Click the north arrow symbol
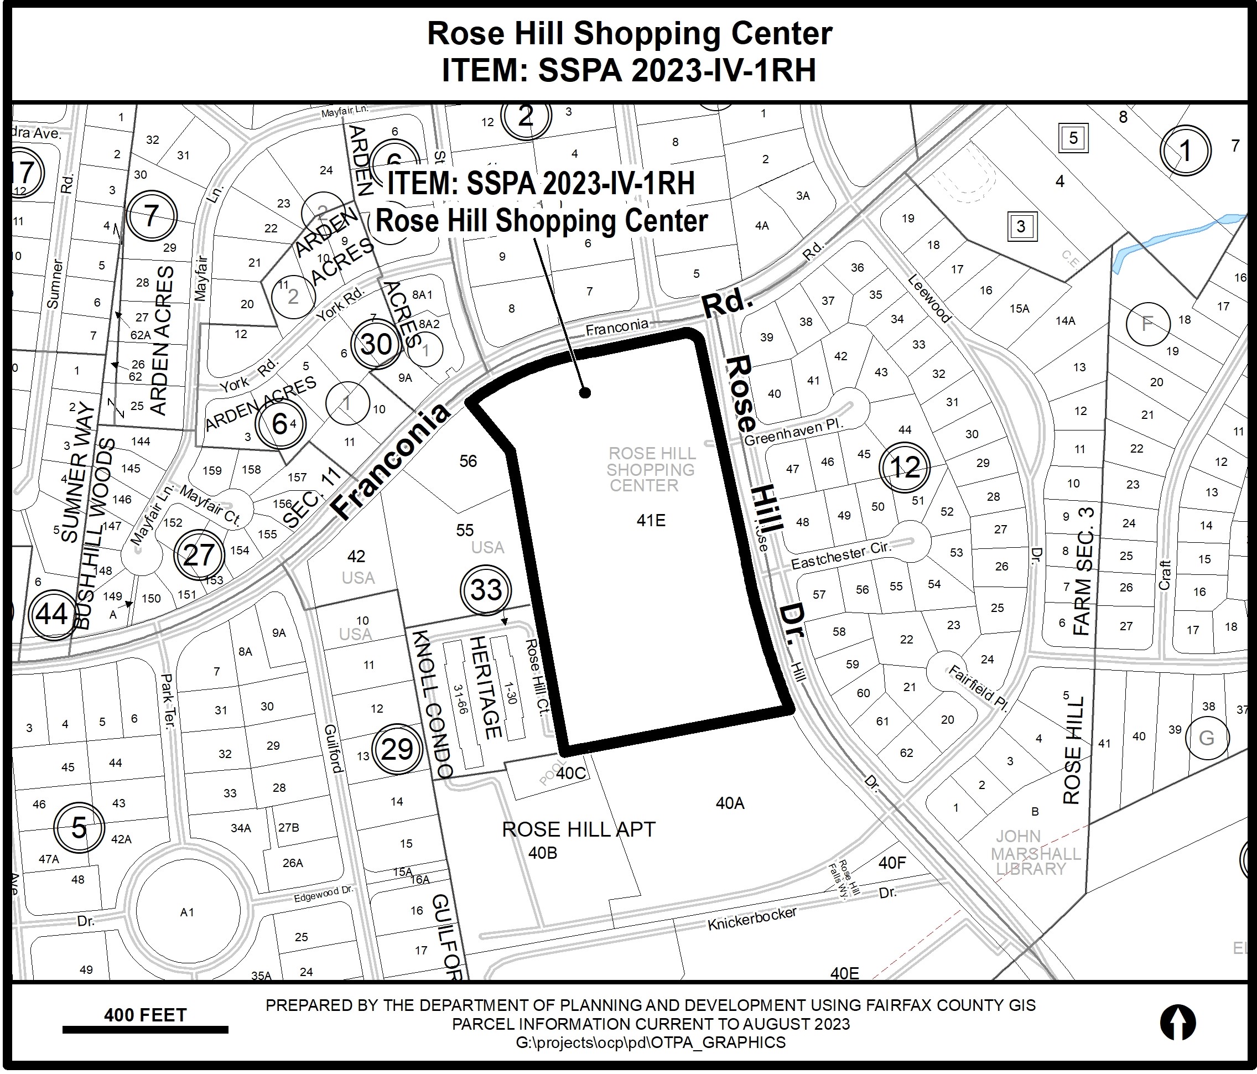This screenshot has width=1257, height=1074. pos(1177,1023)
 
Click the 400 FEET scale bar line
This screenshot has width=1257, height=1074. pos(145,1029)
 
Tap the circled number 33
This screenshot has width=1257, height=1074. pos(486,590)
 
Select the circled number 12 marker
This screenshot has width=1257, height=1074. pos(905,467)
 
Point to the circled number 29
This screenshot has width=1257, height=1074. pos(397,749)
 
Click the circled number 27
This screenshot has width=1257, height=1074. pos(199,554)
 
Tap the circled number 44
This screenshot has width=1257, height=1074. pos(52,614)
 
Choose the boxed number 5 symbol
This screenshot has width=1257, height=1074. pos(1073,138)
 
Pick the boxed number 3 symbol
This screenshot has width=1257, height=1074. pos(1021,226)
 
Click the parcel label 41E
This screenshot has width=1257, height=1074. pos(651,520)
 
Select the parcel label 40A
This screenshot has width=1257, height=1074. pos(730,803)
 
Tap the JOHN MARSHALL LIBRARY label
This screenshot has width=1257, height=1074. pos(1036,853)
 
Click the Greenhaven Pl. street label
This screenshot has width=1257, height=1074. pos(793,432)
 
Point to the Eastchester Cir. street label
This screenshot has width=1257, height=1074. pos(841,555)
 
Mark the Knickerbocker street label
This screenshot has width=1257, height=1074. pos(752,918)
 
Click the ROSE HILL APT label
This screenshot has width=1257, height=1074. pos(579,829)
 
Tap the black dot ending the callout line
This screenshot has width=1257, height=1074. pos(585,393)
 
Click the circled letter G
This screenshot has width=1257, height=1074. pos(1207,738)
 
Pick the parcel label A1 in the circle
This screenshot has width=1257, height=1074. pos(187,912)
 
